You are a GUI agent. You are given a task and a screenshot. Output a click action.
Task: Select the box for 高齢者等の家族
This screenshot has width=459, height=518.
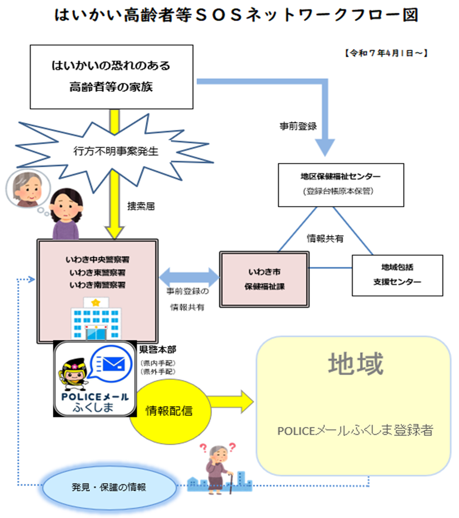tap(111, 77)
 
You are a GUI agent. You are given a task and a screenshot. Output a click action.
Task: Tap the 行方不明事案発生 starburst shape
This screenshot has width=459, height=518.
tap(115, 151)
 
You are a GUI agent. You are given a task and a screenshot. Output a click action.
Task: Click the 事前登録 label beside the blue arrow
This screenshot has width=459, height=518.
tap(298, 126)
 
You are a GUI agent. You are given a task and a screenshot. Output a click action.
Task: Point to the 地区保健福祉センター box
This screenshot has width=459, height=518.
tap(341, 184)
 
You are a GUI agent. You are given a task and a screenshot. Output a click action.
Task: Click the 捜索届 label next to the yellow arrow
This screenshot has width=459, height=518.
tap(141, 206)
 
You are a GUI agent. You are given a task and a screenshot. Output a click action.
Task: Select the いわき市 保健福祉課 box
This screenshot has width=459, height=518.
tap(264, 279)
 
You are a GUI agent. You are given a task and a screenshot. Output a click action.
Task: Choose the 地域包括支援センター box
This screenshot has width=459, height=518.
tap(397, 275)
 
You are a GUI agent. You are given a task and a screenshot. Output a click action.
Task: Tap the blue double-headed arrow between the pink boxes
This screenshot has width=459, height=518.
tap(189, 277)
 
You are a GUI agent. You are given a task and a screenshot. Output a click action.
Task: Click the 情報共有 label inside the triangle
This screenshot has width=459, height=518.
tap(325, 239)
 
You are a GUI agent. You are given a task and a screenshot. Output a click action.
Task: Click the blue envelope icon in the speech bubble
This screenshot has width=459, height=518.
tap(114, 364)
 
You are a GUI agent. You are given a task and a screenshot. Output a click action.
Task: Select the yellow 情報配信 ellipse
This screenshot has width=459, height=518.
tap(169, 411)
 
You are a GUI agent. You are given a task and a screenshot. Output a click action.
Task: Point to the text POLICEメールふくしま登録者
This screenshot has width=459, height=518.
tap(355, 430)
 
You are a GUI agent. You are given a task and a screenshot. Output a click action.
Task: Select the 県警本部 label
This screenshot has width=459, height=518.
tap(158, 349)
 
